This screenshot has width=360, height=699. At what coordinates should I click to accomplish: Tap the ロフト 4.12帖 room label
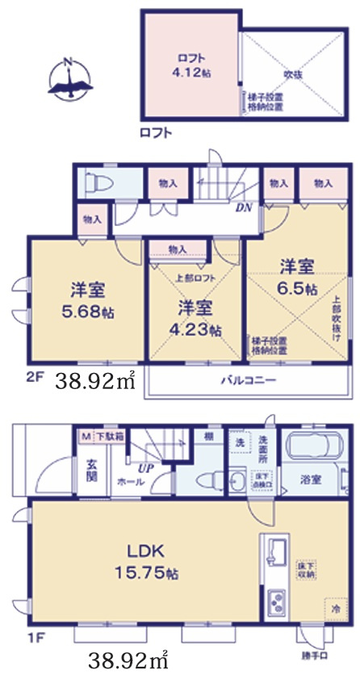(191, 64)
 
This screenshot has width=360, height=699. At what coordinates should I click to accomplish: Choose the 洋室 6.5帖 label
(297, 277)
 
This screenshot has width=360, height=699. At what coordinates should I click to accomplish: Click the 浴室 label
(312, 479)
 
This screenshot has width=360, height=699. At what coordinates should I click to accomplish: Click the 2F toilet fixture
(94, 180)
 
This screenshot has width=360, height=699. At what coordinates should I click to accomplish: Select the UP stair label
(145, 467)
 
